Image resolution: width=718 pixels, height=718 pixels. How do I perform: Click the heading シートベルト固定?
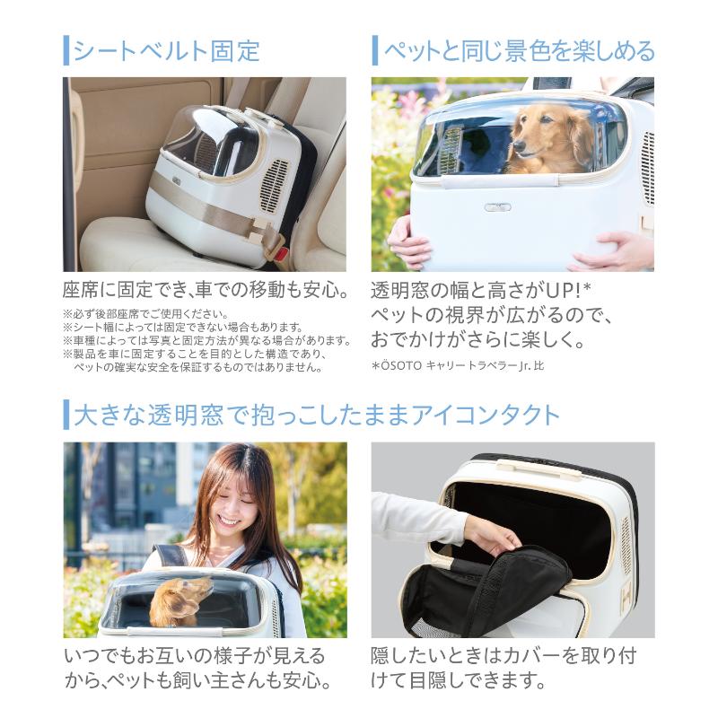pos(167,50)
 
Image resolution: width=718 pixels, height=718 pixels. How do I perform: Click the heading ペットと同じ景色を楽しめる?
pos(520,50)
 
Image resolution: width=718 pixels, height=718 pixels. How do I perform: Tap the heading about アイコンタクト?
pos(317,415)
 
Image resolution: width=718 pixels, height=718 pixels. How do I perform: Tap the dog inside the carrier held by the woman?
pos(179,600)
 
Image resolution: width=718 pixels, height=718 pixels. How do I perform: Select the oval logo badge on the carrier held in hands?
pos(497,207)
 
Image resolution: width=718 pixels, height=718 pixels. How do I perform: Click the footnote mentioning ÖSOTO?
pos(458,366)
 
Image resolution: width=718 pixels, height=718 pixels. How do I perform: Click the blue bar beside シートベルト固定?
pos(66,50)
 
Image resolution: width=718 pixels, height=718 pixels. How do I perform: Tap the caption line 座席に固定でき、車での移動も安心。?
pos(206,290)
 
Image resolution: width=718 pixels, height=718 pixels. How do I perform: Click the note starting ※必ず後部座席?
pos(145,314)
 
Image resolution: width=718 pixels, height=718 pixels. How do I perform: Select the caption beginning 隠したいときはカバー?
pos(503,668)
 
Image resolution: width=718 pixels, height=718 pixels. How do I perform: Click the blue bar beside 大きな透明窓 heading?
pos(66,415)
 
